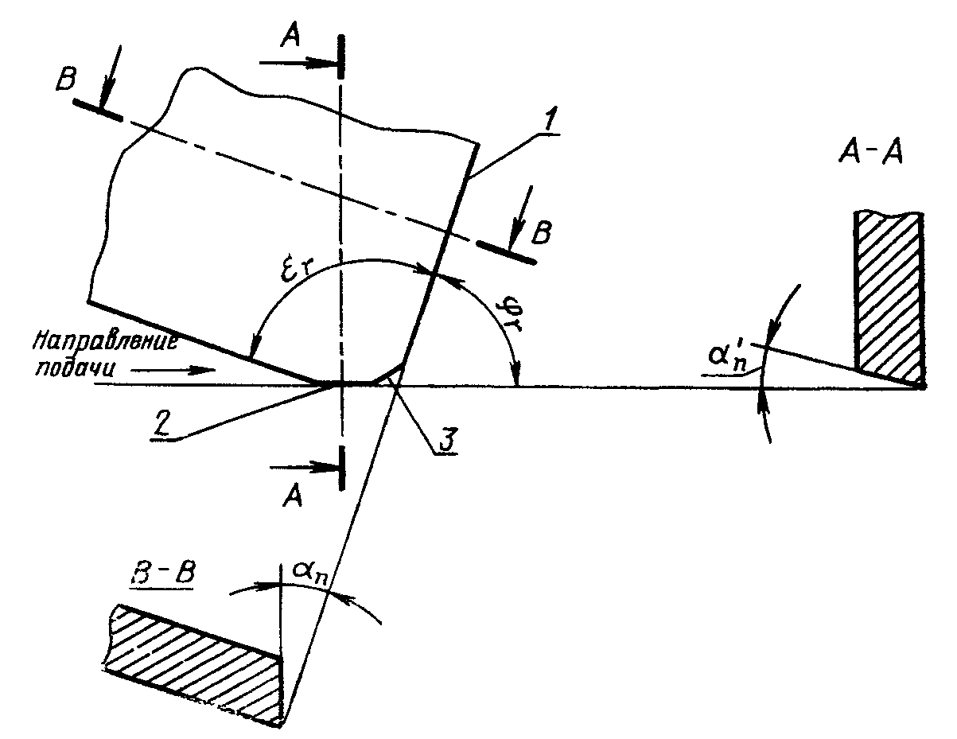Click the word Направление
pyautogui.click(x=106, y=341)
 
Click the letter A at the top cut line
pyautogui.click(x=290, y=36)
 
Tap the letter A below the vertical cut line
pyautogui.click(x=293, y=498)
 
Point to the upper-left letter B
pyautogui.click(x=66, y=80)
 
